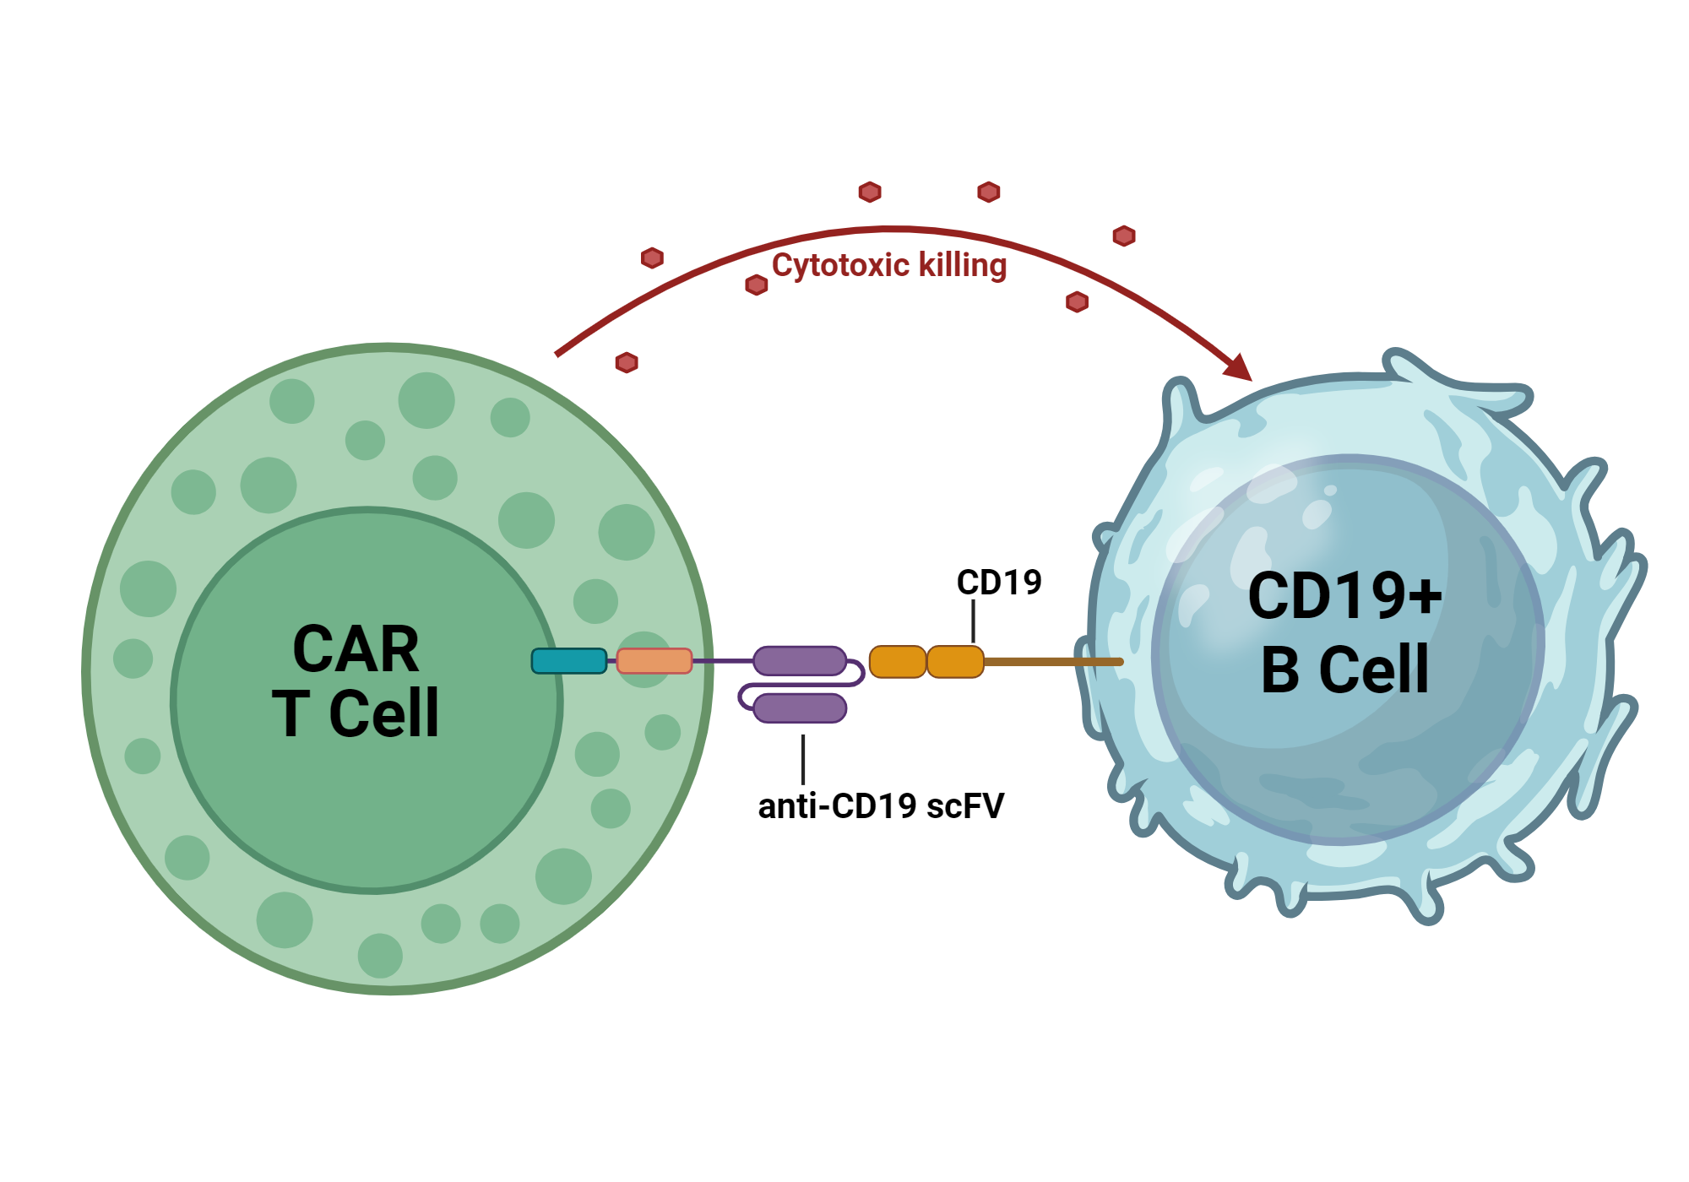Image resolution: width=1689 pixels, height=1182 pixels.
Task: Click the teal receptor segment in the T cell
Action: click(x=568, y=661)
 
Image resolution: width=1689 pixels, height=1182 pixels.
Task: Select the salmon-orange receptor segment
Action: click(x=654, y=661)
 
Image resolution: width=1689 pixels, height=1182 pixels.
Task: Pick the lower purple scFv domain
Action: click(x=799, y=708)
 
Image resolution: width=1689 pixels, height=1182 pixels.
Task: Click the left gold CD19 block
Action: click(x=897, y=662)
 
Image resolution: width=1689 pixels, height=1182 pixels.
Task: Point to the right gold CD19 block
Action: click(x=955, y=662)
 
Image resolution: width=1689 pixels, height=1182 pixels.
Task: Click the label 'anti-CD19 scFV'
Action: click(x=881, y=806)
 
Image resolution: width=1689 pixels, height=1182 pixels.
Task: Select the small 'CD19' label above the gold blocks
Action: click(x=999, y=583)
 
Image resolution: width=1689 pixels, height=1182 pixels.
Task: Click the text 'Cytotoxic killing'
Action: click(x=888, y=265)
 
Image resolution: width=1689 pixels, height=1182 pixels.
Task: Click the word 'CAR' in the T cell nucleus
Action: click(x=356, y=649)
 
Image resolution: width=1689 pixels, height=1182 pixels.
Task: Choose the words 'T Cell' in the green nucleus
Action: click(x=356, y=714)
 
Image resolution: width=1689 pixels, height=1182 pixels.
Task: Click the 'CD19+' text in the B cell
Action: click(x=1344, y=596)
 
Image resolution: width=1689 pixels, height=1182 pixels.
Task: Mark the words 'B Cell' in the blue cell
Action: click(x=1344, y=670)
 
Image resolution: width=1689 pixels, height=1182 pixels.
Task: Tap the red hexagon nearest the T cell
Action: click(x=627, y=363)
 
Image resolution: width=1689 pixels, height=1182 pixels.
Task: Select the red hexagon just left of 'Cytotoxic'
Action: click(x=756, y=285)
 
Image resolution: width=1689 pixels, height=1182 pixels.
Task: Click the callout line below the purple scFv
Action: click(x=803, y=759)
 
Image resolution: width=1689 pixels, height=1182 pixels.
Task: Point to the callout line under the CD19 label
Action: click(x=973, y=621)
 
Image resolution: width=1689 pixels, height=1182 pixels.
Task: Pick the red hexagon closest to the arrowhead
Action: click(x=1077, y=301)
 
